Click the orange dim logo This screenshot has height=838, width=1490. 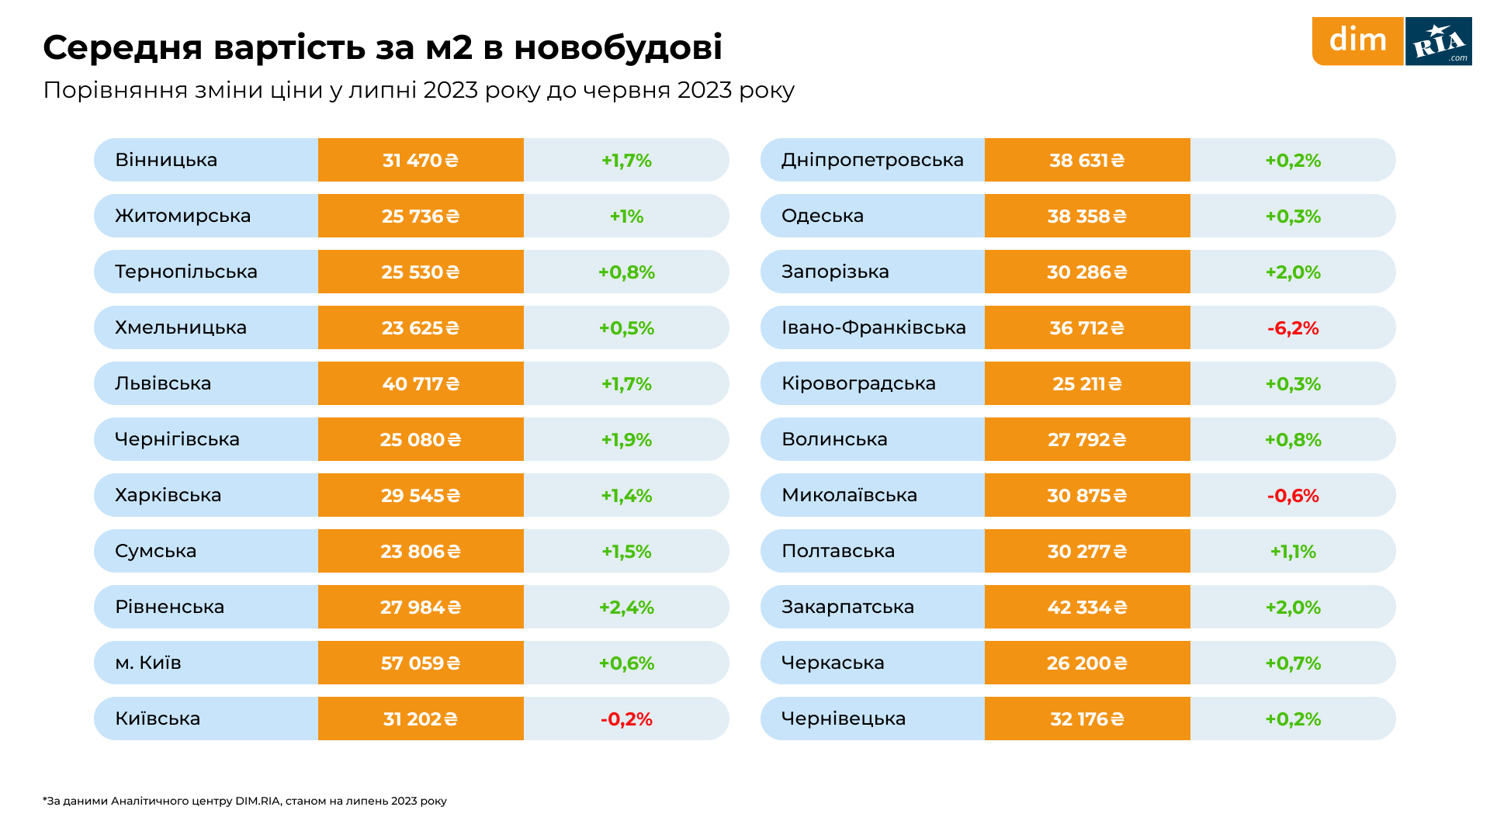[x=1357, y=40]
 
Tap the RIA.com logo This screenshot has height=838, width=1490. [x=1439, y=42]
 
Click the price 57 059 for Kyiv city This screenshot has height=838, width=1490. [x=421, y=663]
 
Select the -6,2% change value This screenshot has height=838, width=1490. [x=1293, y=328]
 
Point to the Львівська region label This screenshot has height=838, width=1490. [x=163, y=383]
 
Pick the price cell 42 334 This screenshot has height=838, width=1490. [x=1086, y=608]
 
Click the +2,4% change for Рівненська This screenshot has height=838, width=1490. [x=626, y=608]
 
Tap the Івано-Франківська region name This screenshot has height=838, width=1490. [x=873, y=327]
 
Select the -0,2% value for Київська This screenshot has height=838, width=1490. [x=626, y=719]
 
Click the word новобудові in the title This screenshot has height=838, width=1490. [x=618, y=47]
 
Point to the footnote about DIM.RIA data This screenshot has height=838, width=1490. [x=244, y=801]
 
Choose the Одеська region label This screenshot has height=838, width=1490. [x=822, y=216]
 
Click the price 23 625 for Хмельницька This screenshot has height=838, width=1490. [x=421, y=328]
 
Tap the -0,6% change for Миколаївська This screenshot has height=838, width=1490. [x=1293, y=496]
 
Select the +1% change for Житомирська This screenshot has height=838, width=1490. [x=626, y=216]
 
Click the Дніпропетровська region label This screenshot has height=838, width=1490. [x=872, y=160]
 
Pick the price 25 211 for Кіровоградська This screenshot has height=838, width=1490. [x=1086, y=384]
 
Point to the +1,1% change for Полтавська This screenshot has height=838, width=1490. [x=1293, y=552]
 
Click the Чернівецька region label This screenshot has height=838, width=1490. [x=843, y=719]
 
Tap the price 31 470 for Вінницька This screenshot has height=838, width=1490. [x=421, y=161]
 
